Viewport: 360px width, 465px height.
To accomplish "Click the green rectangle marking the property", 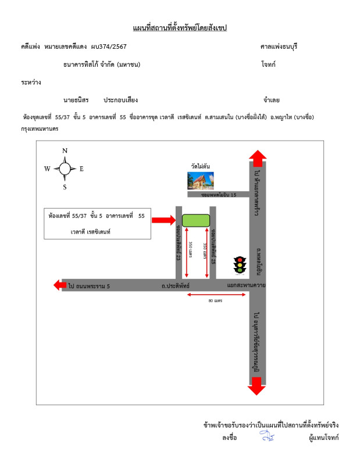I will pos(196,220).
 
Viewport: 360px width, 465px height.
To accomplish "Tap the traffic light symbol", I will pos(238,265).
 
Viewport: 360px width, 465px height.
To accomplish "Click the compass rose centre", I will pos(65,169).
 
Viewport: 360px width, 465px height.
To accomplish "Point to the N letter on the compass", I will pos(65,151).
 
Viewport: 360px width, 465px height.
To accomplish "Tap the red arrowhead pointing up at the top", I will pos(257,157).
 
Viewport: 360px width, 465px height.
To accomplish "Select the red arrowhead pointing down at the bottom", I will pos(257,388).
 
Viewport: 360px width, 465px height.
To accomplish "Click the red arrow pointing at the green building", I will pos(163,220).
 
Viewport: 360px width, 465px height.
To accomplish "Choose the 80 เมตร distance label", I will pos(215,301).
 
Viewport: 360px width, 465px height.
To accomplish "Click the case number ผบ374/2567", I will pos(109,46).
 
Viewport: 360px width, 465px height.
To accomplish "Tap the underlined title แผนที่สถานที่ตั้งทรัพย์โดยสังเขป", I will pos(180,28).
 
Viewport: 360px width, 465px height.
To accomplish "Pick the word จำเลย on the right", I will pos(272,100).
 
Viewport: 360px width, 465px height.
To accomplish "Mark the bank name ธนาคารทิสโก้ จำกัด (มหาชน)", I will pos(102,65).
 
